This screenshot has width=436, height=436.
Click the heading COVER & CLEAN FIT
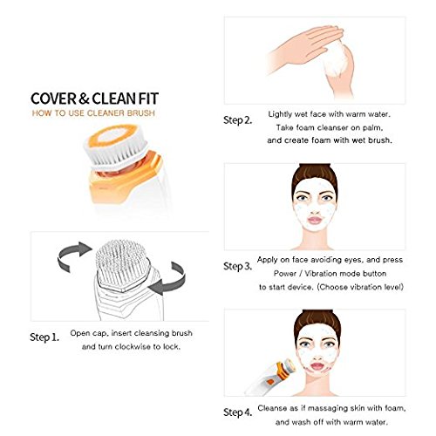(94, 99)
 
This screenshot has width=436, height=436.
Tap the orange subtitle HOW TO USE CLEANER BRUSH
(93, 113)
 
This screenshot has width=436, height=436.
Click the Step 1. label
(44, 337)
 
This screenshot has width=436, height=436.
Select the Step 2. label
(237, 120)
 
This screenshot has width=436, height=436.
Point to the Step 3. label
(237, 266)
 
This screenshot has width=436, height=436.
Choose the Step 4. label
(237, 412)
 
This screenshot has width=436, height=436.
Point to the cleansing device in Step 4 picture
(270, 377)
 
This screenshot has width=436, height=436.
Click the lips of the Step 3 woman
(315, 220)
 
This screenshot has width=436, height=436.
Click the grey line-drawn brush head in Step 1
(124, 264)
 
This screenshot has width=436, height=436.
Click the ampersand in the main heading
(84, 99)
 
